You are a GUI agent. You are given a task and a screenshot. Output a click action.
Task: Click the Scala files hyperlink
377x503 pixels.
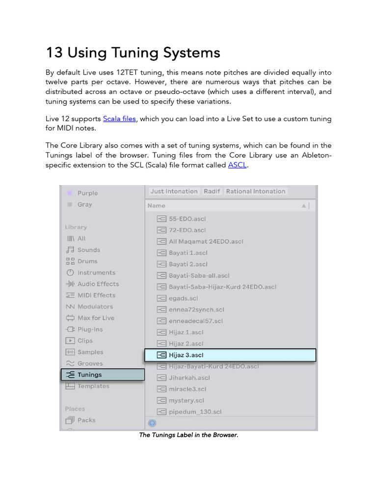pos(119,119)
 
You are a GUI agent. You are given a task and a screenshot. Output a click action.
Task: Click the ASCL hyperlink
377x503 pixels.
pos(237,165)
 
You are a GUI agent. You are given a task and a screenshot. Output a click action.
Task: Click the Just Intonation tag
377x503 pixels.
pos(174,192)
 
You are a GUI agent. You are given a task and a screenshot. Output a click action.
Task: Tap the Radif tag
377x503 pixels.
pos(212,192)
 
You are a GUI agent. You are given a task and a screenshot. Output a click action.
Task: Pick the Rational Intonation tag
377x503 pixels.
pos(255,192)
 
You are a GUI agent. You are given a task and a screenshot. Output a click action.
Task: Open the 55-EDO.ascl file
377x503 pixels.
pos(187,219)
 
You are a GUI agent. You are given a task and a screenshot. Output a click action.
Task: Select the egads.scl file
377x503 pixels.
pos(183,298)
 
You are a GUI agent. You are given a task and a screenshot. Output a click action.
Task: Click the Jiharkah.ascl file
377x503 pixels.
pos(189,378)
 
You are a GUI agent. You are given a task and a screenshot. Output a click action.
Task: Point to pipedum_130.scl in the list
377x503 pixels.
pos(195,412)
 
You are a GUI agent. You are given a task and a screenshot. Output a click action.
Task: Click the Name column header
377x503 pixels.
pos(157,206)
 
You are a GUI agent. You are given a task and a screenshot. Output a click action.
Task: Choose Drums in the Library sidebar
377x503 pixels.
pos(87,261)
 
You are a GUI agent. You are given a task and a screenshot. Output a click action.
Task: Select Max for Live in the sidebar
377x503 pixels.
pos(96,318)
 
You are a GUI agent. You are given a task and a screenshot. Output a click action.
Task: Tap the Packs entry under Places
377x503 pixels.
pos(86,420)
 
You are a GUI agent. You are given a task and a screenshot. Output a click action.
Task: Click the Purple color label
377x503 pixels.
pos(87,193)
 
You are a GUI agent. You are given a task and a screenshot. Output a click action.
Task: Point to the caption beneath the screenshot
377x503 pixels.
pos(188,435)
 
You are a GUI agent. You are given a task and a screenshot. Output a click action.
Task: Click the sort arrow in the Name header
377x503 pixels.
pos(304,206)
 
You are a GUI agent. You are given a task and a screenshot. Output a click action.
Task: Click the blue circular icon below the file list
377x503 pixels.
pos(152,423)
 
